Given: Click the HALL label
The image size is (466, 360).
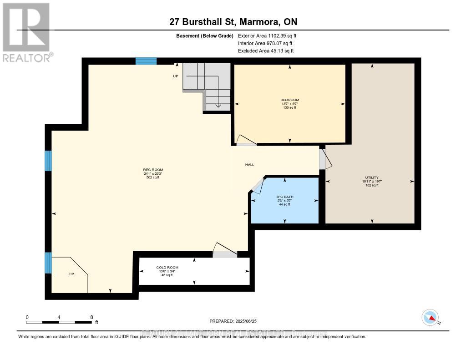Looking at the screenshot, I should pyautogui.click(x=249, y=165).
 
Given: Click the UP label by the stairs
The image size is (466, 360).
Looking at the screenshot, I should pyautogui.click(x=175, y=76).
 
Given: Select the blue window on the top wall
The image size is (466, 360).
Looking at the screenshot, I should pyautogui.click(x=146, y=61).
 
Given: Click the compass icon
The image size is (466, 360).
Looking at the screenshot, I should pyautogui.click(x=430, y=317).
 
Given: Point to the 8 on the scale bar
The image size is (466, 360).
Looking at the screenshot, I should pyautogui.click(x=91, y=317).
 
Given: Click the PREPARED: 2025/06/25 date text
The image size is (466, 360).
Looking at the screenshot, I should pyautogui.click(x=233, y=321).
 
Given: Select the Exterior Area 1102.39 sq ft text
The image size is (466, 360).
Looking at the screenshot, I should pyautogui.click(x=267, y=35).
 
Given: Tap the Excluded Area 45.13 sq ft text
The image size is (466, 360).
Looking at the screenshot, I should pyautogui.click(x=266, y=51).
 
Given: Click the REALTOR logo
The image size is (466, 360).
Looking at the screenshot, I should pyautogui.click(x=27, y=32).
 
